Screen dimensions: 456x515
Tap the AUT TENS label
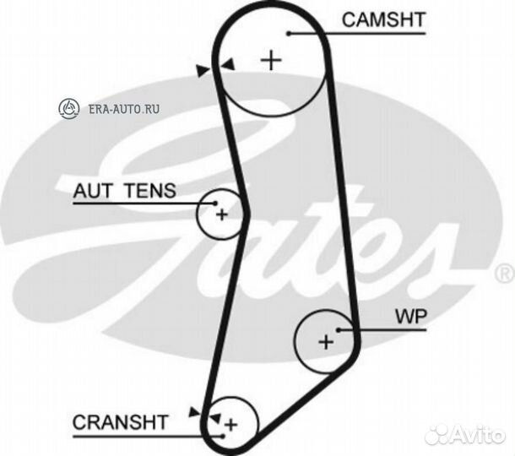[x=124, y=191]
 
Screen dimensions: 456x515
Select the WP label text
[x=411, y=317]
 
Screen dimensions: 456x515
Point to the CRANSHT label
[x=121, y=421]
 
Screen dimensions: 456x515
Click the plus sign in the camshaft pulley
[x=270, y=60]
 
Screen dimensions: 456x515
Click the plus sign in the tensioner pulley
[x=221, y=214]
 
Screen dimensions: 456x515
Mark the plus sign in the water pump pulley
[x=327, y=341]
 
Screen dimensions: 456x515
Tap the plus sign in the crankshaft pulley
[x=230, y=423]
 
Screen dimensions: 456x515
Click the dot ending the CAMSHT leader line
[x=289, y=33]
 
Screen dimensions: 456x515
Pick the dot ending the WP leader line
[x=338, y=329]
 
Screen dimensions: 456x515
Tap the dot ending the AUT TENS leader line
[x=216, y=203]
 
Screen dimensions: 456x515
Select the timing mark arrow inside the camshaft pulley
[x=226, y=63]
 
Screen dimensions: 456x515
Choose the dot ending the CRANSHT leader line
[x=221, y=435]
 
